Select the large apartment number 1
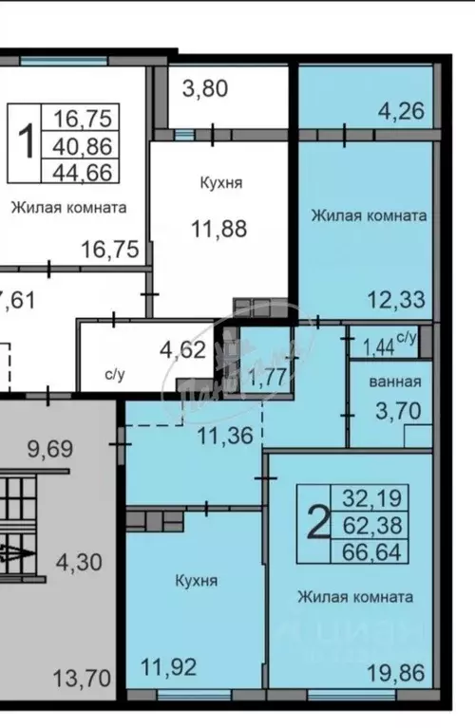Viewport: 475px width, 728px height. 28,144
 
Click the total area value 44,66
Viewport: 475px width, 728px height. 83,171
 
